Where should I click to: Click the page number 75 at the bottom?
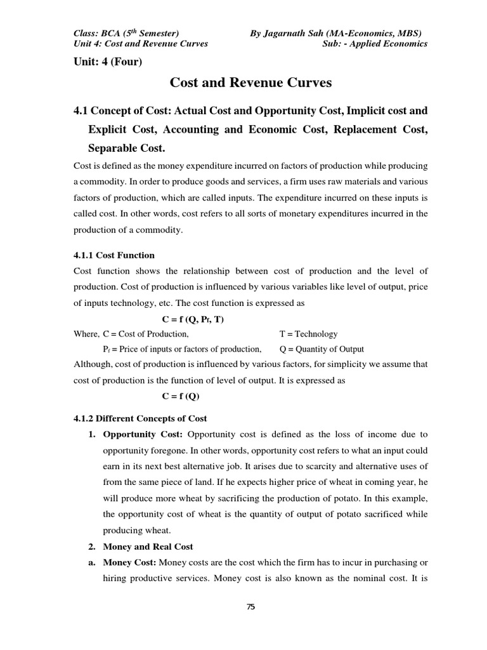250,607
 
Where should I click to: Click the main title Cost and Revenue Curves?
250,83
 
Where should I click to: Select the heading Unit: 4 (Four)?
108,62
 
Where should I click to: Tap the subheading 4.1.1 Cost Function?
114,255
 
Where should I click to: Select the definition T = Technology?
308,334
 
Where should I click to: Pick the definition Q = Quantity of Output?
321,349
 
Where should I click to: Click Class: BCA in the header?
100,32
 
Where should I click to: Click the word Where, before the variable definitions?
86,334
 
